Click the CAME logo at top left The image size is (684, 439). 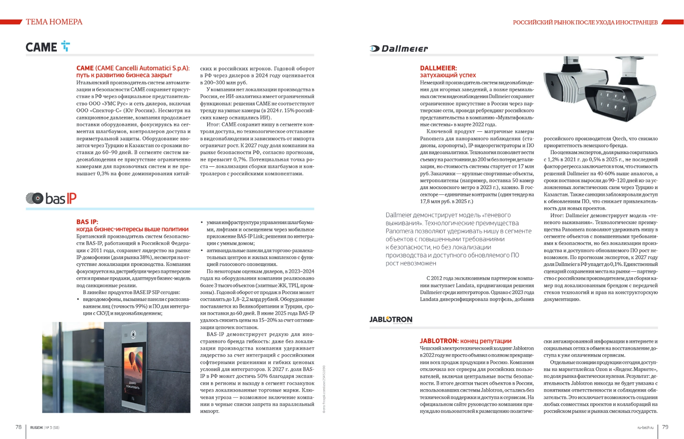(x=47, y=47)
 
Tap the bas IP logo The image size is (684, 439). (x=51, y=198)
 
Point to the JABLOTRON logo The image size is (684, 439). (x=391, y=319)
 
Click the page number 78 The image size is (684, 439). (x=18, y=427)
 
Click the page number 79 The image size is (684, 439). (x=665, y=427)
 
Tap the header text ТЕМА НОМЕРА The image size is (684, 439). (x=54, y=22)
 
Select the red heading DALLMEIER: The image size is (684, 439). (x=438, y=68)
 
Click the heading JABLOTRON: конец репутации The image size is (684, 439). (x=465, y=341)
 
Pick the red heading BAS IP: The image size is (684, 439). (x=87, y=222)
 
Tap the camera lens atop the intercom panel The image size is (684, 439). (x=133, y=334)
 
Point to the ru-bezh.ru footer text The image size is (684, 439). (x=645, y=428)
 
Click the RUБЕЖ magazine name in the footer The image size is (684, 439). (x=36, y=428)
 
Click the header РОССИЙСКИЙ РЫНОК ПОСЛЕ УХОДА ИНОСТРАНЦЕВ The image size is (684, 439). (x=585, y=22)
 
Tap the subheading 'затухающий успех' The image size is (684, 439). (x=448, y=75)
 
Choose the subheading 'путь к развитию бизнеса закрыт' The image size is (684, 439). (x=124, y=75)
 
